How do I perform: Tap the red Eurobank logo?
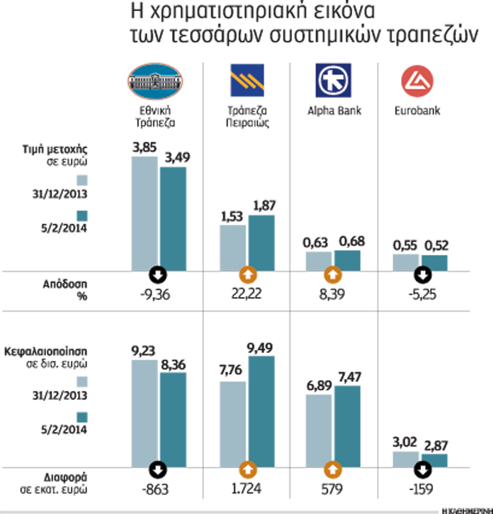pos(417,81)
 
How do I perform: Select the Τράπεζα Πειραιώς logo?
pos(248,81)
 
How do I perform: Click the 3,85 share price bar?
pos(145,213)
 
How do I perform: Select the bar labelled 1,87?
pos(261,243)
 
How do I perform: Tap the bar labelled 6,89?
pos(319,431)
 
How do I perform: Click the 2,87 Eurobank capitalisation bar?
pos(434,460)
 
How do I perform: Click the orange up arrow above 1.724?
pos(247,469)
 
